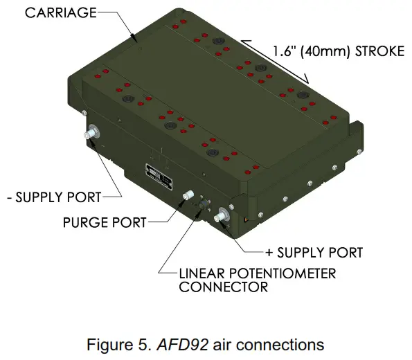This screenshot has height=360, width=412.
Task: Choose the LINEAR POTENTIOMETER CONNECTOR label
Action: pos(257,280)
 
